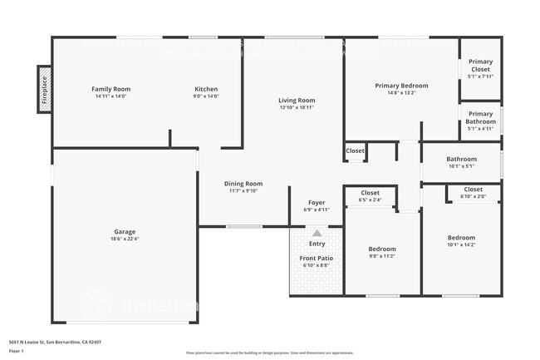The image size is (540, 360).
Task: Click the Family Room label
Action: [x=110, y=89]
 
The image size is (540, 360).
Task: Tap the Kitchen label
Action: [x=206, y=89]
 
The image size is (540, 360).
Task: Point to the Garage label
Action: [x=125, y=232]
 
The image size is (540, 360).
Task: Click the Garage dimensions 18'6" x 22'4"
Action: [x=125, y=239]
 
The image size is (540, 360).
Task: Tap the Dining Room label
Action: [x=243, y=184]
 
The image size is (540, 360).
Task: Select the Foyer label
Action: [x=317, y=202]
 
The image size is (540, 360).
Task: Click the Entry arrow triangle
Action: [x=317, y=234]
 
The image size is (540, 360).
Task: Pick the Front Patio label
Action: [x=317, y=258]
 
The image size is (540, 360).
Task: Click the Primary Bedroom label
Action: [x=401, y=86]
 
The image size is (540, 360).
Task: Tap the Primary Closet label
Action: [x=480, y=65]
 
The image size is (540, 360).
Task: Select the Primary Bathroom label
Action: [x=480, y=117]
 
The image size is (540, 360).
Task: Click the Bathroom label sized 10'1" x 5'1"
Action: [x=461, y=159]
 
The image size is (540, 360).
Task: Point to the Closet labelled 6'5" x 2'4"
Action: [x=370, y=193]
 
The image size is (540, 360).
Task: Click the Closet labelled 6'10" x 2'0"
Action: [x=473, y=190]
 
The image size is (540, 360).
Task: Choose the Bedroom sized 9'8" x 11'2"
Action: [x=382, y=249]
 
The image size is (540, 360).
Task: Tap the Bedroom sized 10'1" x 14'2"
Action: [x=461, y=238]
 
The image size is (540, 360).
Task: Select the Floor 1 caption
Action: [x=17, y=350]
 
